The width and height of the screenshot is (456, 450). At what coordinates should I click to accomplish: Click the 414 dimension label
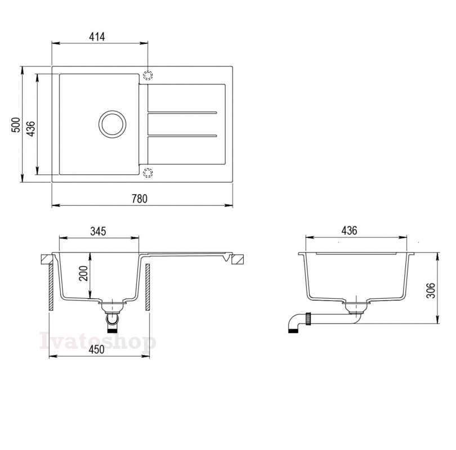click(97, 37)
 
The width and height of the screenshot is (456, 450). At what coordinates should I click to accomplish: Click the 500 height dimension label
click(16, 125)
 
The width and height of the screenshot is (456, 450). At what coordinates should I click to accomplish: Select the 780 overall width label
click(140, 199)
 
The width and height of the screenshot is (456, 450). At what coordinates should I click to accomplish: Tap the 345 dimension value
click(98, 231)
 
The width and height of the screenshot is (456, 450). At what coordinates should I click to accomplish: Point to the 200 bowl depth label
click(83, 273)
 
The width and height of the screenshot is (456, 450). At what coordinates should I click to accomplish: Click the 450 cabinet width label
click(97, 349)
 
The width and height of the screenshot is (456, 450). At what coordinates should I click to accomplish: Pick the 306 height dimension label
click(431, 290)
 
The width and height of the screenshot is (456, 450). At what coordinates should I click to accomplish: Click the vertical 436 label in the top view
click(30, 128)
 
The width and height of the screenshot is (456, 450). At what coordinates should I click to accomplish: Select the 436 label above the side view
click(349, 231)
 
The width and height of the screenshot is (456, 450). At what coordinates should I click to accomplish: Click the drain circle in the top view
click(112, 111)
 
